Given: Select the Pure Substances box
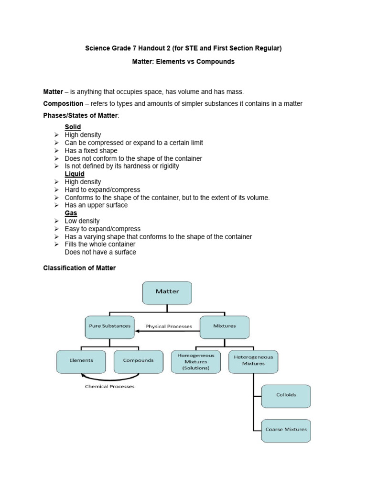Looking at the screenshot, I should pyautogui.click(x=109, y=326).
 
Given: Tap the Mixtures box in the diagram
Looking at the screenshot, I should pyautogui.click(x=225, y=326).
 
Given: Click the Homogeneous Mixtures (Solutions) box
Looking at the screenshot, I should pyautogui.click(x=196, y=362).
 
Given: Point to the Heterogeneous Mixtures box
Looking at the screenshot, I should pyautogui.click(x=253, y=361).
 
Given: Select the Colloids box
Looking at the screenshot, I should pyautogui.click(x=286, y=396).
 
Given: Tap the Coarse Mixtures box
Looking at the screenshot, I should pyautogui.click(x=286, y=430).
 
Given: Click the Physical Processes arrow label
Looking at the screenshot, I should pyautogui.click(x=169, y=327).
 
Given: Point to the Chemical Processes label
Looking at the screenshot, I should pyautogui.click(x=110, y=387).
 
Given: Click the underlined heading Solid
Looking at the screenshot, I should pyautogui.click(x=73, y=127).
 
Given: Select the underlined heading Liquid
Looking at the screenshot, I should pyautogui.click(x=75, y=174).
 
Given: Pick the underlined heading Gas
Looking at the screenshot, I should pyautogui.click(x=71, y=213).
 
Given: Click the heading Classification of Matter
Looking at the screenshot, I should pyautogui.click(x=79, y=268).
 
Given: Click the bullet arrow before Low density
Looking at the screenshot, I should pyautogui.click(x=56, y=221).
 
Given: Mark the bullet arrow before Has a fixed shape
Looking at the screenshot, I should pyautogui.click(x=56, y=151).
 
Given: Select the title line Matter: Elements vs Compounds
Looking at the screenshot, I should pyautogui.click(x=183, y=62).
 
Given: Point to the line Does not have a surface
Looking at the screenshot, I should pyautogui.click(x=100, y=252).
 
